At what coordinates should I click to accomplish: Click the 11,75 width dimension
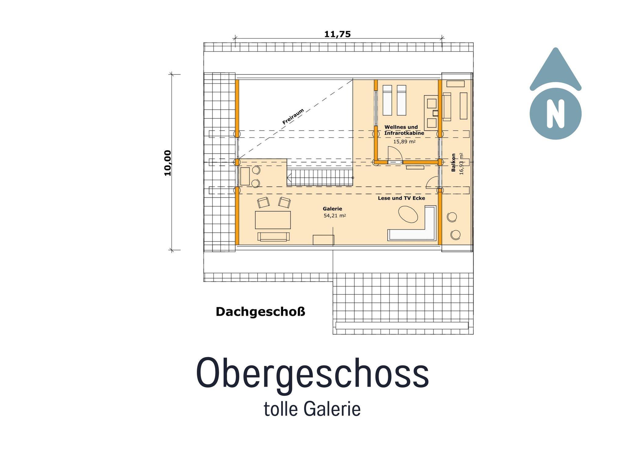(337, 34)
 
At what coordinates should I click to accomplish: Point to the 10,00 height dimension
(168, 163)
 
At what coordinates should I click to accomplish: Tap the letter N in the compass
(555, 113)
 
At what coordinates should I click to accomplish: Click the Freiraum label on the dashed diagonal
(293, 117)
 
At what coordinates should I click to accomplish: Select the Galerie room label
(332, 209)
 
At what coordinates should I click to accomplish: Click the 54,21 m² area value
(334, 216)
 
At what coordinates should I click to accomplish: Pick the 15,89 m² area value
(404, 141)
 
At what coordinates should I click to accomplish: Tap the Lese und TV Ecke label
(401, 198)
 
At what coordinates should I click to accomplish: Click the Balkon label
(453, 163)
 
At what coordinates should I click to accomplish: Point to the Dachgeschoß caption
(260, 312)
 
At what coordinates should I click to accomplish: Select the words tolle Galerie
(312, 409)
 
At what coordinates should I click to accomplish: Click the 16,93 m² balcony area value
(461, 164)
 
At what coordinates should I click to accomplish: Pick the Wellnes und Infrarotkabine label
(404, 130)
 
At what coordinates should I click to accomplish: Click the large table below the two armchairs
(273, 220)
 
